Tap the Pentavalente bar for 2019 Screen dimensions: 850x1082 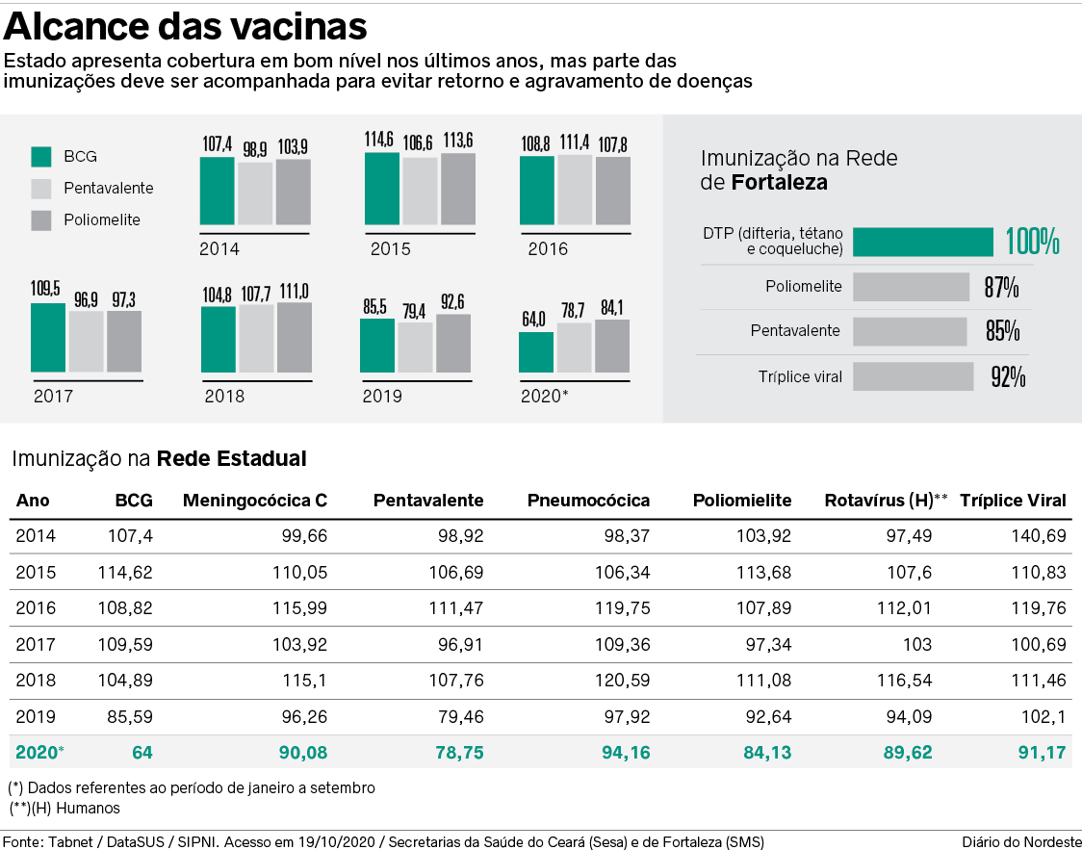click(415, 348)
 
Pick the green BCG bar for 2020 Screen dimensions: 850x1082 click(536, 352)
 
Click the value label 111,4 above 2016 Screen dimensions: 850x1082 click(575, 142)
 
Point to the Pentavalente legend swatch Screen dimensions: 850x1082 click(41, 188)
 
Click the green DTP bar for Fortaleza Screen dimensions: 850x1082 click(923, 242)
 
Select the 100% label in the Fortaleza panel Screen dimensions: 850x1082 click(1032, 242)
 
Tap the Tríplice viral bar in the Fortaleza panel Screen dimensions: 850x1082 click(913, 376)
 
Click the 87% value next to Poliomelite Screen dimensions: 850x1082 click(1001, 287)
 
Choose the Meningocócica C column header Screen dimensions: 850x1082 click(255, 501)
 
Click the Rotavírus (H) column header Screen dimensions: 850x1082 click(886, 501)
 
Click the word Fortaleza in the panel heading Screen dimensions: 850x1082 click(780, 182)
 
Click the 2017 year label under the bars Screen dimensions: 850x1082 click(53, 395)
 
